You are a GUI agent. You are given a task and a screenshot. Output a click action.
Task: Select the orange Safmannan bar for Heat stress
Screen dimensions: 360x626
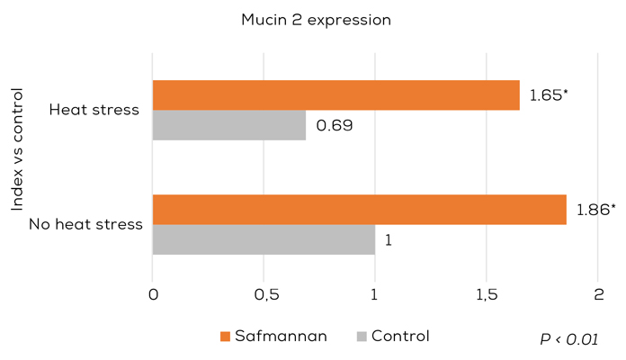335,95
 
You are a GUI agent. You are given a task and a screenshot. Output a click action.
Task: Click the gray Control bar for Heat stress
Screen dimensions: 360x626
228,125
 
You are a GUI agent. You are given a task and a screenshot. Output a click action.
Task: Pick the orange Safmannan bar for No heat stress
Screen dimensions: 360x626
359,210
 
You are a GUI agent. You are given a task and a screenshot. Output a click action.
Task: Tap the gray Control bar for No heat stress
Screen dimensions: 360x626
264,239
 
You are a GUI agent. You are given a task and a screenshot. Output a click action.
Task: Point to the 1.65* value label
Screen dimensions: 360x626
549,94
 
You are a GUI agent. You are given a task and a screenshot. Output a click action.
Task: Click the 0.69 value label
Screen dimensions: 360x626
333,125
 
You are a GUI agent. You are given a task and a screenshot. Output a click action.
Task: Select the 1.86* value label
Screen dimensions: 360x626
595,210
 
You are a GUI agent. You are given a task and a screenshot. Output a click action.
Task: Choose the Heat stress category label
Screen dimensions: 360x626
94,110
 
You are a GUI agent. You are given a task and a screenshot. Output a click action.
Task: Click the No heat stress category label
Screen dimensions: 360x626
86,224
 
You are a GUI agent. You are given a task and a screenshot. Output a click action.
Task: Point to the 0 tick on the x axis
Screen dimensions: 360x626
153,294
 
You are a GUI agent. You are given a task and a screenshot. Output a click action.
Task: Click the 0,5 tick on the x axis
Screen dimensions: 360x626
264,294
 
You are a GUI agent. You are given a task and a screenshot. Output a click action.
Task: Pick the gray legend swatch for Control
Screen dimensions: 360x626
362,337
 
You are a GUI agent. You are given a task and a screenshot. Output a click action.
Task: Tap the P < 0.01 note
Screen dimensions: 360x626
568,338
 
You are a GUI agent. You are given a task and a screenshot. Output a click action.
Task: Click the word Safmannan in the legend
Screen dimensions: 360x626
281,337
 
